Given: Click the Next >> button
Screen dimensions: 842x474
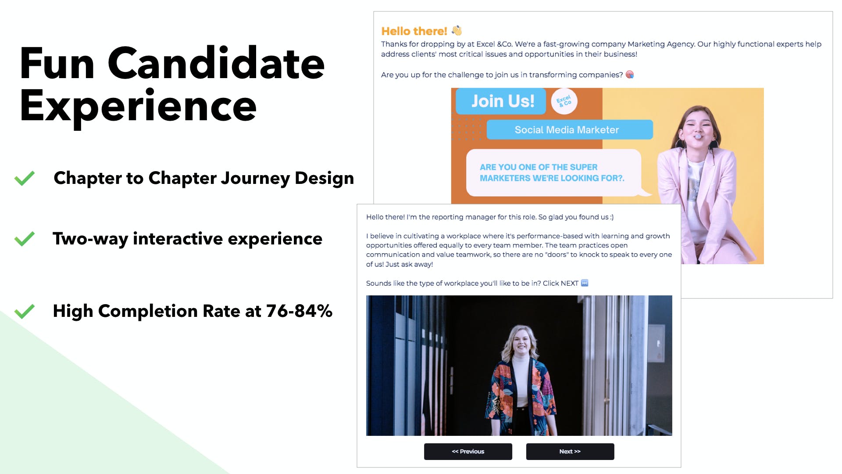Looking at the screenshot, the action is pos(570,451).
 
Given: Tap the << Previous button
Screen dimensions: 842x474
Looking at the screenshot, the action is pos(468,451).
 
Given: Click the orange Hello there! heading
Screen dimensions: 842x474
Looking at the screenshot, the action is pos(414,31).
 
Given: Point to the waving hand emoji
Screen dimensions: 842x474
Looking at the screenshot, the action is pos(457,30).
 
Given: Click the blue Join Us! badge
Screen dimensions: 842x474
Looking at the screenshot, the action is pos(501,101).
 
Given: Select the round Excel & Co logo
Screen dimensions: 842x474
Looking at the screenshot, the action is pos(564,101).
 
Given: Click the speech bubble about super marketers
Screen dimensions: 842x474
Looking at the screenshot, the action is pos(553,172).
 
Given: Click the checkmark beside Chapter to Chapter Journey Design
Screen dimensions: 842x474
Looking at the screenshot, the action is pos(25,178).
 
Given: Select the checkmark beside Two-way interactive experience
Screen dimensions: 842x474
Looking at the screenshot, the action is pos(25,239).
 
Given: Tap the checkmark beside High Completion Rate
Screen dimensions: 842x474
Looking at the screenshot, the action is pos(25,311).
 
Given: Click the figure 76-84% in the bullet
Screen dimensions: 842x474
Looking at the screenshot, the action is pos(299,311).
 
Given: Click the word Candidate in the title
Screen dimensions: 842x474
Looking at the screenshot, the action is pos(216,64).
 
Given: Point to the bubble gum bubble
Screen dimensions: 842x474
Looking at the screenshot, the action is pos(697,136).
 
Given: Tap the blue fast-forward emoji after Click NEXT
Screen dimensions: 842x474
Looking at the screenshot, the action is pos(585,283).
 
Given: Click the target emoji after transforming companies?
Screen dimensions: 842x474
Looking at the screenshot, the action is pos(630,75).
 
